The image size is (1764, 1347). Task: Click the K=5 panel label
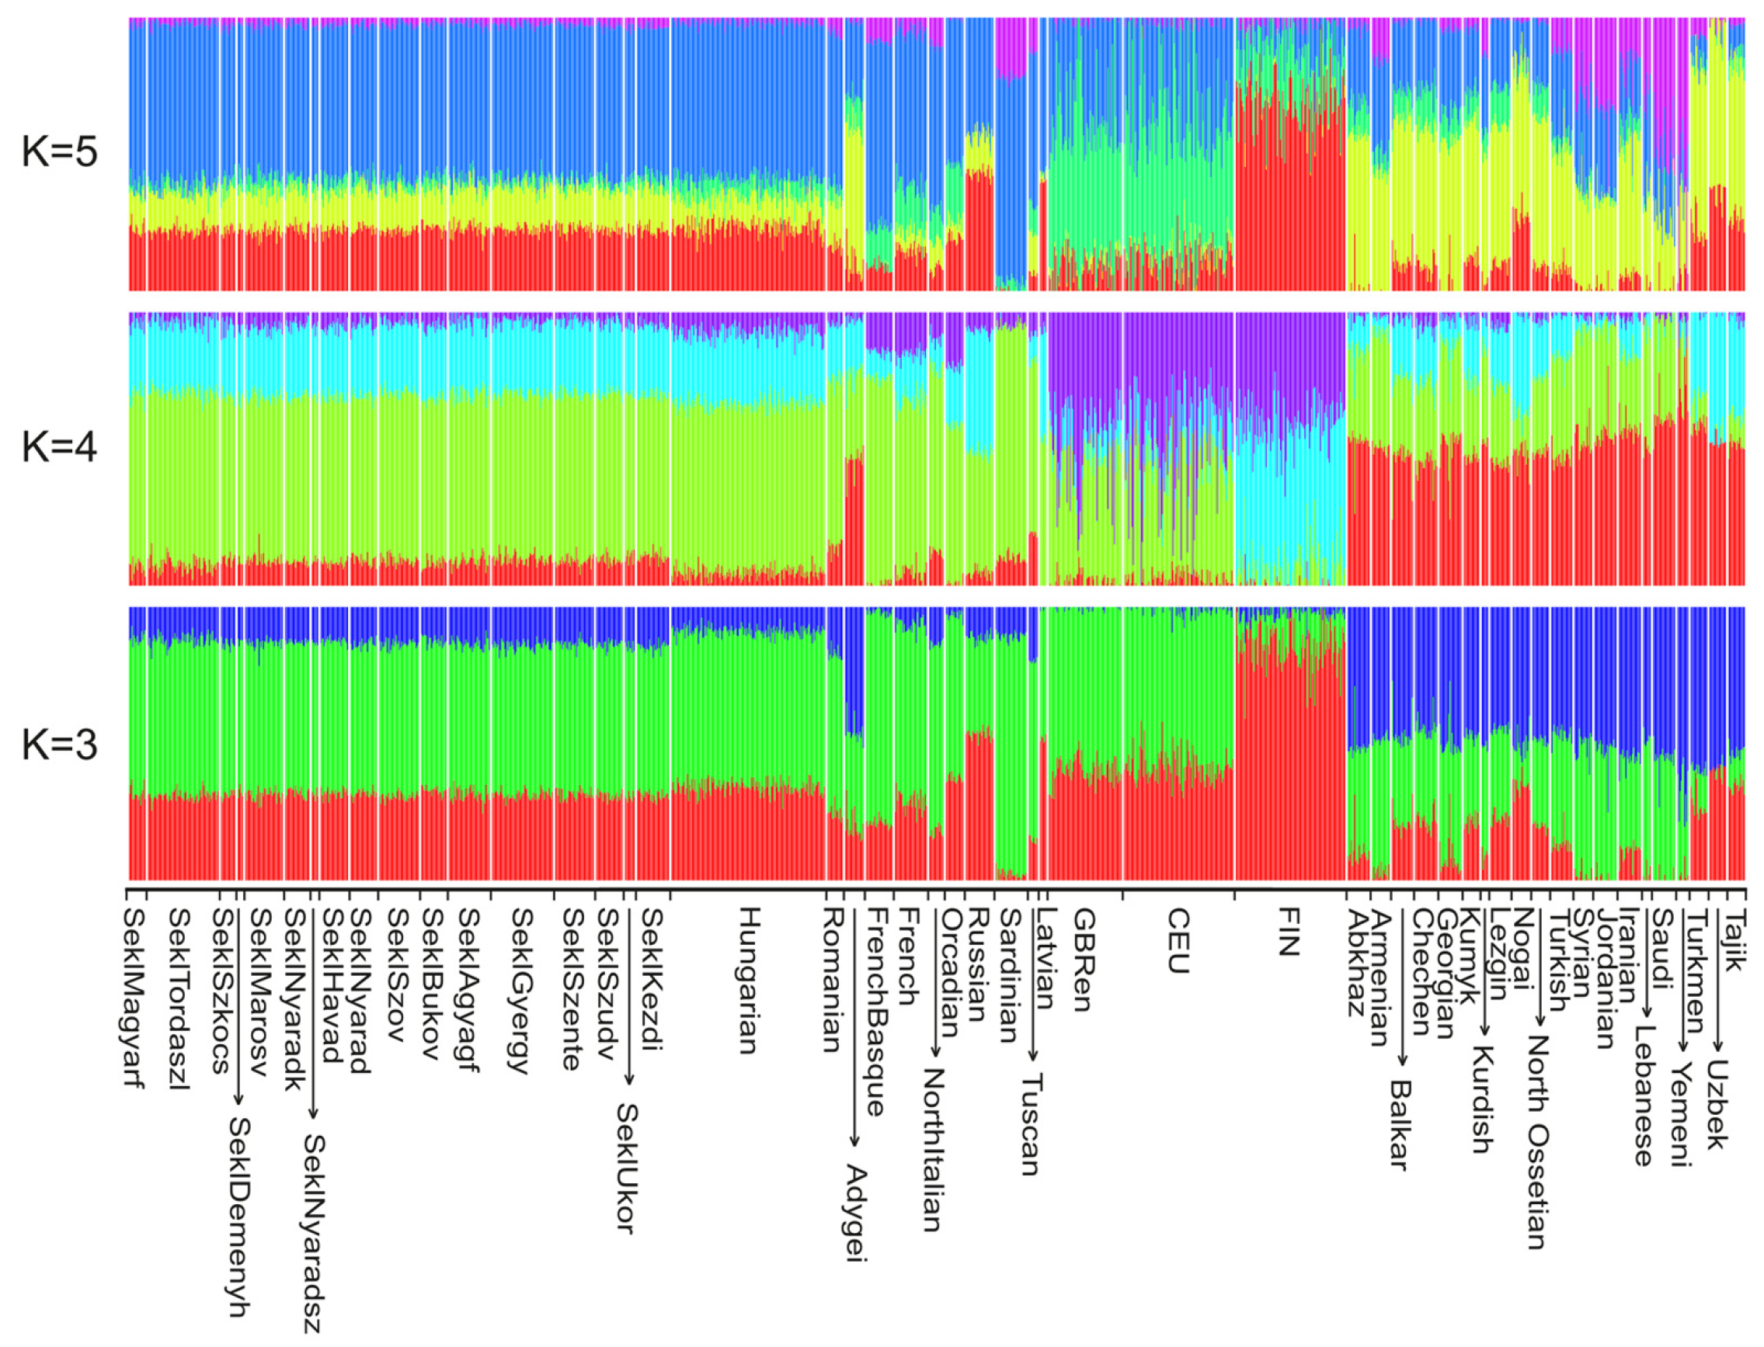(59, 151)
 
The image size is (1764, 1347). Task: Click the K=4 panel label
(59, 447)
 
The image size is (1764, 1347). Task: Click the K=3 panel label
(59, 745)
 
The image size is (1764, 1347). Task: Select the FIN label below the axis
(1288, 932)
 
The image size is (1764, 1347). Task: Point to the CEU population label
(1177, 940)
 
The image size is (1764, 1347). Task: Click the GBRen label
(1082, 959)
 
